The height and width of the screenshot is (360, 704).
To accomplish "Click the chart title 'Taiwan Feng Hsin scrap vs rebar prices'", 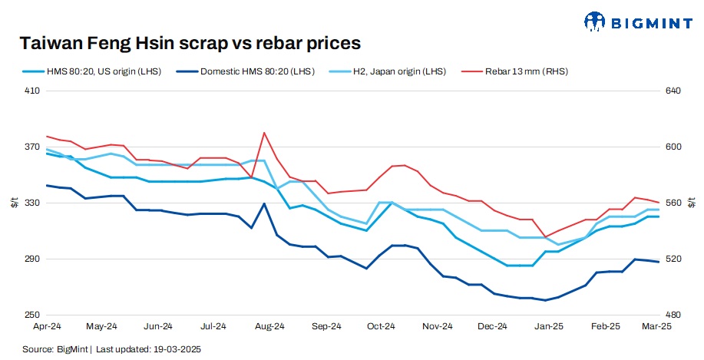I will pyautogui.click(x=190, y=42).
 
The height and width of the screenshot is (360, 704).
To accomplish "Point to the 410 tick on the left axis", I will pyautogui.click(x=32, y=91).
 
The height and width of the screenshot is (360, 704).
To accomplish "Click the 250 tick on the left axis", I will pyautogui.click(x=32, y=315).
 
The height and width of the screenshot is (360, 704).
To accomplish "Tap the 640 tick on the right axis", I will pyautogui.click(x=673, y=91).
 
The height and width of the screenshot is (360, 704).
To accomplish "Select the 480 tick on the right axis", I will pyautogui.click(x=673, y=315).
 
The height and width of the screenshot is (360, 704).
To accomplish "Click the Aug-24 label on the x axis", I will pyautogui.click(x=270, y=326).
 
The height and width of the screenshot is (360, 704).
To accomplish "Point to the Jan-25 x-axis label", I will pyautogui.click(x=548, y=326).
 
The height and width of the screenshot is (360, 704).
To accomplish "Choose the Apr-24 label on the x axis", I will pyautogui.click(x=47, y=326).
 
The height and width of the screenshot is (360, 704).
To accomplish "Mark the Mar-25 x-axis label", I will pyautogui.click(x=659, y=326).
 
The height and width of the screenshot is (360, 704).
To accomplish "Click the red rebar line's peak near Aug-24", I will pyautogui.click(x=264, y=133).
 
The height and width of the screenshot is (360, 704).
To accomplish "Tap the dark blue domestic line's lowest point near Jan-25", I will pyautogui.click(x=545, y=300).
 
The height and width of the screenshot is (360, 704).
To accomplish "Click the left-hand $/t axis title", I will pyautogui.click(x=14, y=203).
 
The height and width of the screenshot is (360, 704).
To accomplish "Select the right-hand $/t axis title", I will pyautogui.click(x=695, y=203).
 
